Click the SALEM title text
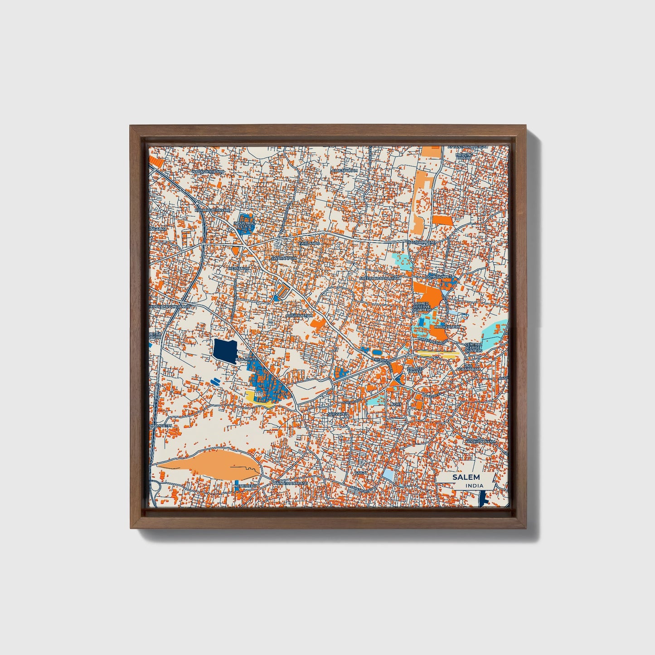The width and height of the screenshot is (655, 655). tap(466, 477)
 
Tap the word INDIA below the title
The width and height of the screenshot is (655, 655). tap(474, 485)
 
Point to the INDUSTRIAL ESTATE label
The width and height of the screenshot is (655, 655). tap(245, 224)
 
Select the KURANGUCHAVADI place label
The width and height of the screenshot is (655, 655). tap(212, 210)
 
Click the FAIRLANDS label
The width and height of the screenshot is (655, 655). tap(309, 243)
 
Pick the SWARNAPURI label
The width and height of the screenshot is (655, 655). tap(283, 258)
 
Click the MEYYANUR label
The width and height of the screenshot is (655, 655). tap(239, 268)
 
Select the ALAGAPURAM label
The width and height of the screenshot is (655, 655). tap(344, 170)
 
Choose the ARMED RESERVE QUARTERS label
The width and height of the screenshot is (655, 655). tap(422, 307)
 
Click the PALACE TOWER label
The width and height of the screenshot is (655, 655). tap(415, 369)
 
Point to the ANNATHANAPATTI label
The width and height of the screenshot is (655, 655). tap(291, 484)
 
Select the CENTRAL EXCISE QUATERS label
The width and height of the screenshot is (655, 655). tap(474, 347)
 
